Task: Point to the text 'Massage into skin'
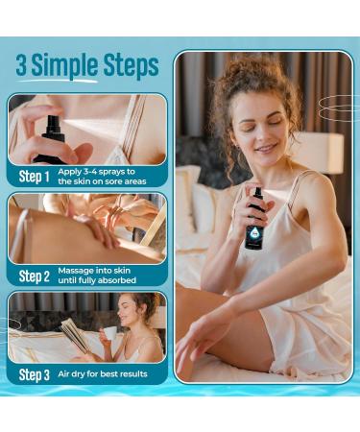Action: (94, 271)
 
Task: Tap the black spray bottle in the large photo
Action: (255, 221)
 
